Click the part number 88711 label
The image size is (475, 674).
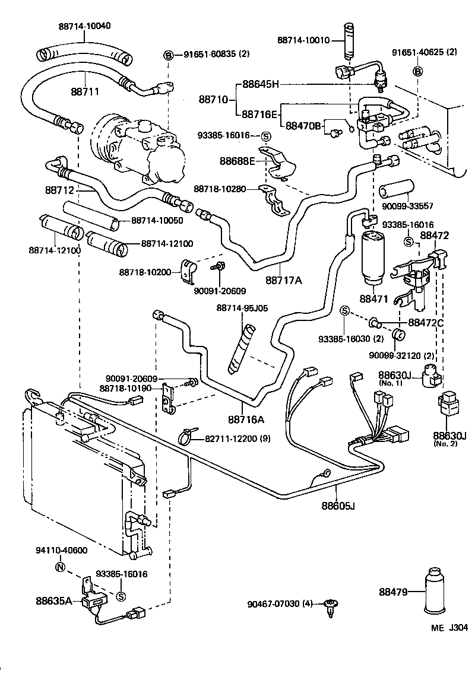(84, 92)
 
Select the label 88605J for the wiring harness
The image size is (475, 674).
(338, 506)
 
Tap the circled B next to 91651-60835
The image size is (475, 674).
(169, 55)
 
